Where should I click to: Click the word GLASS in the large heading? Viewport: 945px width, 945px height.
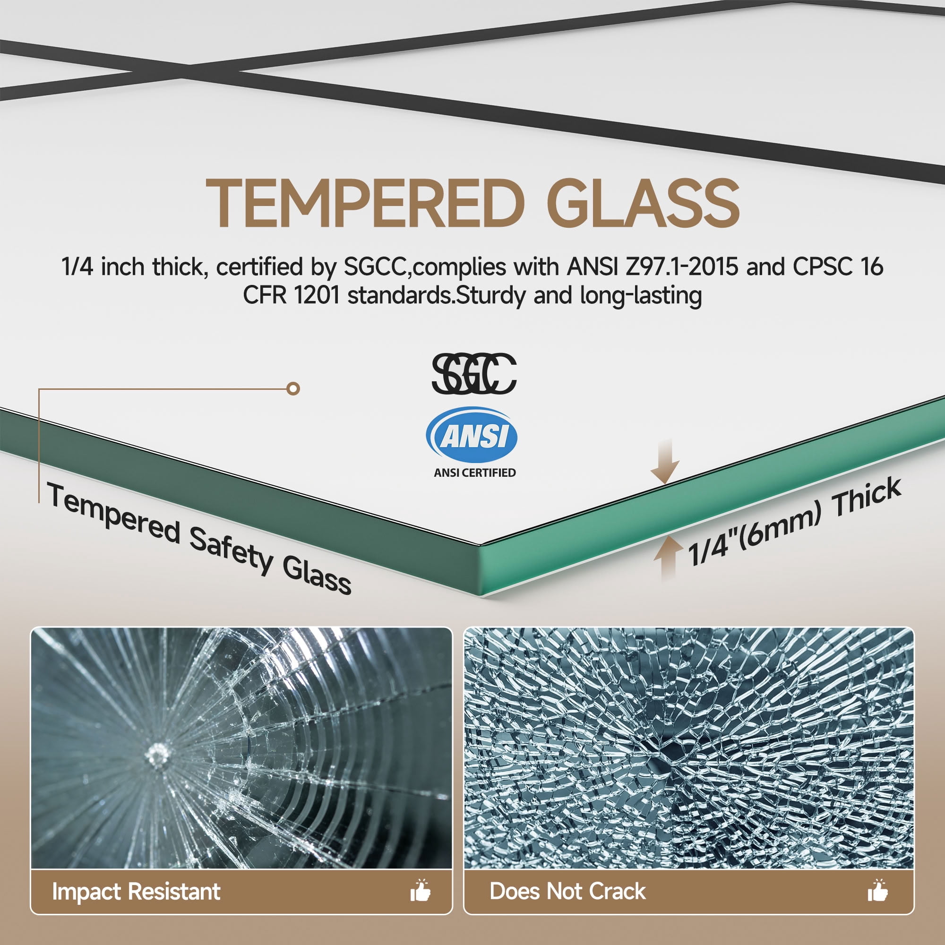[643, 203]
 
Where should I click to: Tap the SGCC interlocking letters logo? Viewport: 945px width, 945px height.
[473, 374]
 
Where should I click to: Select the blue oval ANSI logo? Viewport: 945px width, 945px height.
[472, 435]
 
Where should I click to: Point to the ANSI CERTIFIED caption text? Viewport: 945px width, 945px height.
[474, 472]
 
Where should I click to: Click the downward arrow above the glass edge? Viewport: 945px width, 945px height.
[665, 461]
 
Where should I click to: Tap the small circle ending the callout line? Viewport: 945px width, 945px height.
[293, 389]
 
